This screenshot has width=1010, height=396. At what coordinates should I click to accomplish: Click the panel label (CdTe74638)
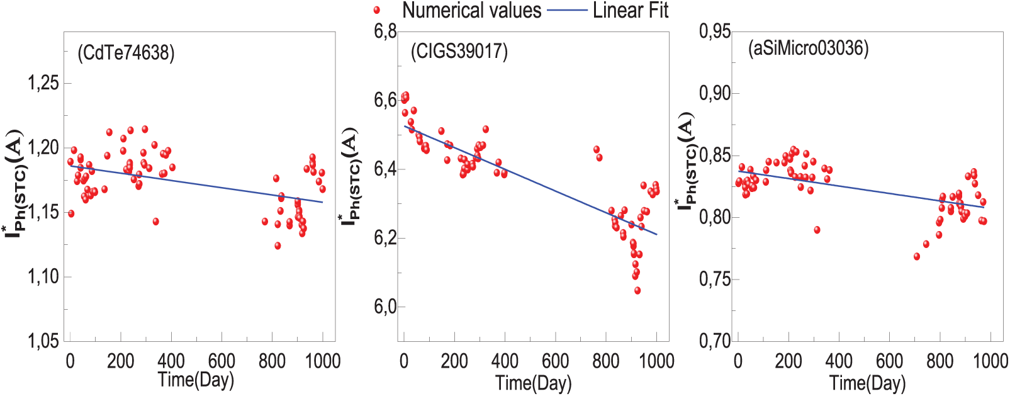(126, 53)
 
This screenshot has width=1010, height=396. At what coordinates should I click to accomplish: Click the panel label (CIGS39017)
(459, 50)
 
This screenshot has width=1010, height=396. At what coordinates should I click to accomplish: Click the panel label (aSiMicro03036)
(808, 48)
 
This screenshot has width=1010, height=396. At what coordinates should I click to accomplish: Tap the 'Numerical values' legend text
(471, 11)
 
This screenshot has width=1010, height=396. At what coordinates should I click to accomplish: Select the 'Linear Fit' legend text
(630, 11)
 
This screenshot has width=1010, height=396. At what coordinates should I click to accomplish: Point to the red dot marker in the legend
(377, 10)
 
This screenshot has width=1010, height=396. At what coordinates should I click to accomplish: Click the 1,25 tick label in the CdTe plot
(43, 82)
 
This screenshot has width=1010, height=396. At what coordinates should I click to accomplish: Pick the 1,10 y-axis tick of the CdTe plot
(43, 276)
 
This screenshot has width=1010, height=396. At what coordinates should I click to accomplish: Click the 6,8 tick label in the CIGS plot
(385, 31)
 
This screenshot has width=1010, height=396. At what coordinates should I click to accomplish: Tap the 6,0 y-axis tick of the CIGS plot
(385, 307)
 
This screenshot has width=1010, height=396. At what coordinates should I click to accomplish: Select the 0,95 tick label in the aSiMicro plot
(715, 31)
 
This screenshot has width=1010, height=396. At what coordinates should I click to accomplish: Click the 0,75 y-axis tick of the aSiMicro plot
(715, 279)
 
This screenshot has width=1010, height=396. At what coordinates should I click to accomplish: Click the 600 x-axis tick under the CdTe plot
(222, 361)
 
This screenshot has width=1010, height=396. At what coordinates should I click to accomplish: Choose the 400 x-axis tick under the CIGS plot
(505, 361)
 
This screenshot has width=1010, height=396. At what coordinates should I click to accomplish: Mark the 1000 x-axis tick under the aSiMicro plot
(990, 361)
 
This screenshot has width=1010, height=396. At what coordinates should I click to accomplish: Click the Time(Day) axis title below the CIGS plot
(534, 383)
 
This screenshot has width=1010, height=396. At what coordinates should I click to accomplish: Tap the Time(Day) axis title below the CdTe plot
(196, 380)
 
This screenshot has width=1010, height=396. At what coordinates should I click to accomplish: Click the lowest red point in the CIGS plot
(637, 291)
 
